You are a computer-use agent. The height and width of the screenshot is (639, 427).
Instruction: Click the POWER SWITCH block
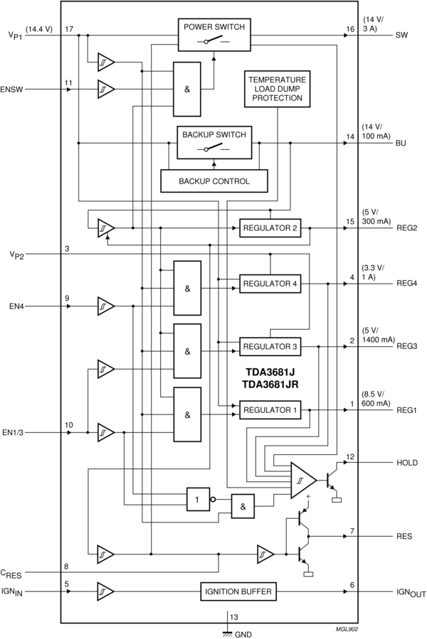pos(213,34)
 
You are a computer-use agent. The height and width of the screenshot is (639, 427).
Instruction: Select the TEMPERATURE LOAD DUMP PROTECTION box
pos(278,89)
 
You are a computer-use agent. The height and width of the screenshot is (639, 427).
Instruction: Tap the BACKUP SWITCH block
pos(214,142)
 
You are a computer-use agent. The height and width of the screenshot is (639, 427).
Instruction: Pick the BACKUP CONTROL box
pos(215,181)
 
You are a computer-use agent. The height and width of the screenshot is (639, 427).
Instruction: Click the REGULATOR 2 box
pos(270,228)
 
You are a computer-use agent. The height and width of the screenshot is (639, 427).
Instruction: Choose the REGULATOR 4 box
pos(270,284)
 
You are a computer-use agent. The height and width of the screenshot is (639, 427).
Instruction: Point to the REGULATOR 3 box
pos(270,346)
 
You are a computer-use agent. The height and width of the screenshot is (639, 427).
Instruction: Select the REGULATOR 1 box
pos(270,410)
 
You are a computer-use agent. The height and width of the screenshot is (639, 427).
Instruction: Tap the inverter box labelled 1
pos(199,498)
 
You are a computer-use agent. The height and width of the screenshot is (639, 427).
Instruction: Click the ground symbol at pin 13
pos(228,623)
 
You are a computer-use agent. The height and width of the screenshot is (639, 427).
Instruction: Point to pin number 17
pos(69,29)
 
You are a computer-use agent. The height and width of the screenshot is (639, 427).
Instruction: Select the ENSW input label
pos(12,90)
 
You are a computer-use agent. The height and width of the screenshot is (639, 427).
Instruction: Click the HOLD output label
pos(407,463)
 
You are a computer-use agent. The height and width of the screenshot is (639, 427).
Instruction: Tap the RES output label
pos(404,536)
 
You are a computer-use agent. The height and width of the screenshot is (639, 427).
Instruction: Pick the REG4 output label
pos(407,284)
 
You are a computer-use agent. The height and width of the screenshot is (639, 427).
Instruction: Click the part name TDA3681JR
pos(270,384)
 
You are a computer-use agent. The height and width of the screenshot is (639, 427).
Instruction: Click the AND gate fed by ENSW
pos(186,89)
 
